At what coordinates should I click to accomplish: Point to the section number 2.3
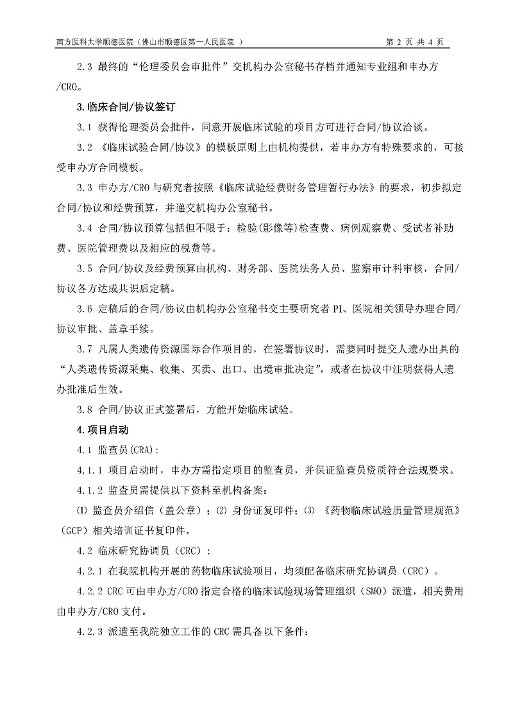coord(85,66)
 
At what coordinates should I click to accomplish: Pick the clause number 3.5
coord(85,268)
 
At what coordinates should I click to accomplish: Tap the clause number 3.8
coord(85,410)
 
